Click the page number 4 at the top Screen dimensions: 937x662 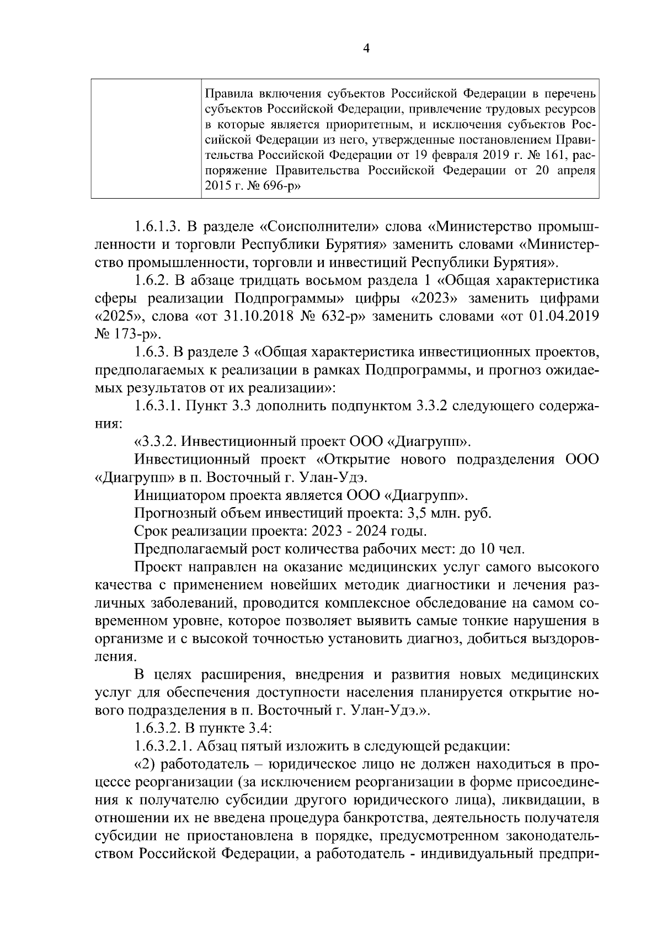[x=365, y=49]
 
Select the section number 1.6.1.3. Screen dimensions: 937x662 [x=158, y=227]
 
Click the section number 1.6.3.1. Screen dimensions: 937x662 [x=158, y=407]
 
